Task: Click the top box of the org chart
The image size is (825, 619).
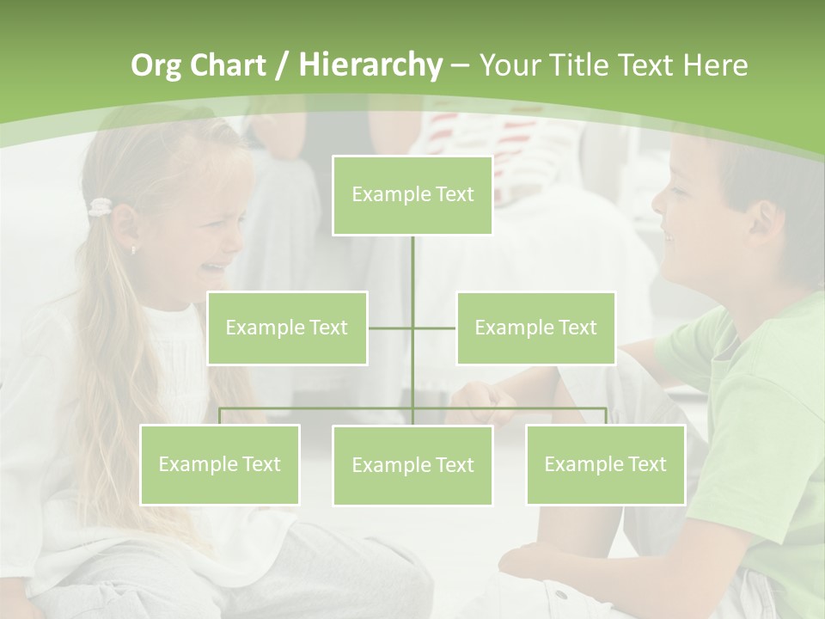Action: [x=412, y=195]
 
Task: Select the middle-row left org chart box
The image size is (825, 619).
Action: [x=287, y=328]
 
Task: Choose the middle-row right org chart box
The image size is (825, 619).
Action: [x=535, y=328]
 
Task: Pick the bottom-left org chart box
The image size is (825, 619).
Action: [x=219, y=464]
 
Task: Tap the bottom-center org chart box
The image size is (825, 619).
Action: [x=412, y=465]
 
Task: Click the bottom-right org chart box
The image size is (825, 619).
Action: [x=605, y=464]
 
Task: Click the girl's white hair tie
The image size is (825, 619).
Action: [x=101, y=206]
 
